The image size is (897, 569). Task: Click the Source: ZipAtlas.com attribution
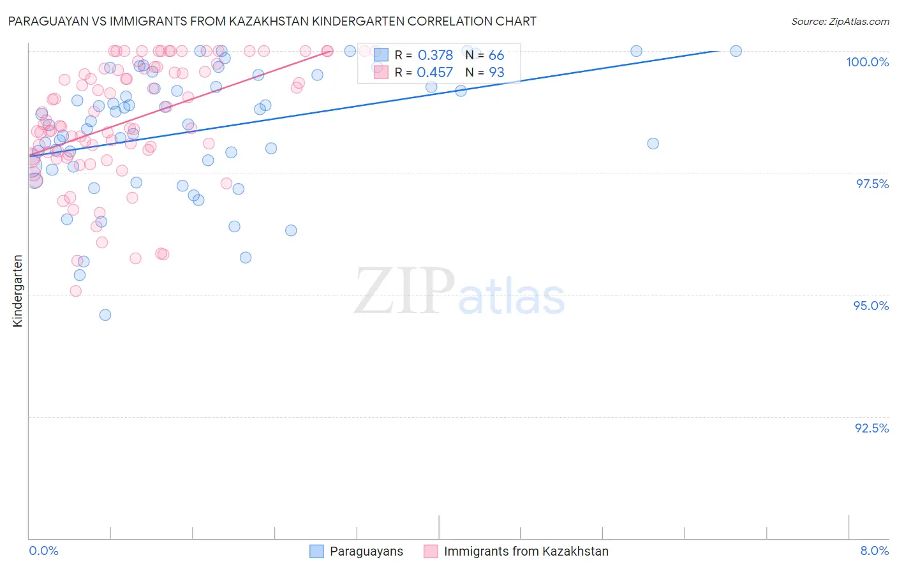(x=840, y=21)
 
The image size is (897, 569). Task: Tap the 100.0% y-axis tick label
(x=867, y=62)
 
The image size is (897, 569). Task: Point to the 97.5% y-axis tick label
(x=872, y=184)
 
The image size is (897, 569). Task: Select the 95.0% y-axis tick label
(x=871, y=306)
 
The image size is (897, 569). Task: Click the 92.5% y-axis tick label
(x=871, y=428)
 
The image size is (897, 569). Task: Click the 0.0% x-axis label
(x=43, y=551)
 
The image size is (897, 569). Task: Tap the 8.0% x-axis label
(x=874, y=551)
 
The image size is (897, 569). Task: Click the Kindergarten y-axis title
(x=18, y=291)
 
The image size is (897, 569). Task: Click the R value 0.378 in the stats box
(x=435, y=55)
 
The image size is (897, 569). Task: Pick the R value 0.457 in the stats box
(x=434, y=73)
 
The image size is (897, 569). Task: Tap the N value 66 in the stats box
(x=496, y=55)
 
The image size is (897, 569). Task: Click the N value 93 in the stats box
(x=496, y=73)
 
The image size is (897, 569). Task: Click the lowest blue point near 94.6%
(x=105, y=315)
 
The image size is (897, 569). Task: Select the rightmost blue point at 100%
(x=736, y=51)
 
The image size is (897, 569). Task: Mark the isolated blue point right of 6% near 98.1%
(x=653, y=144)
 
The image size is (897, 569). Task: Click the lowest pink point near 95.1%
(x=76, y=291)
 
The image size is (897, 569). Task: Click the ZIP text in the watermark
(x=404, y=292)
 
